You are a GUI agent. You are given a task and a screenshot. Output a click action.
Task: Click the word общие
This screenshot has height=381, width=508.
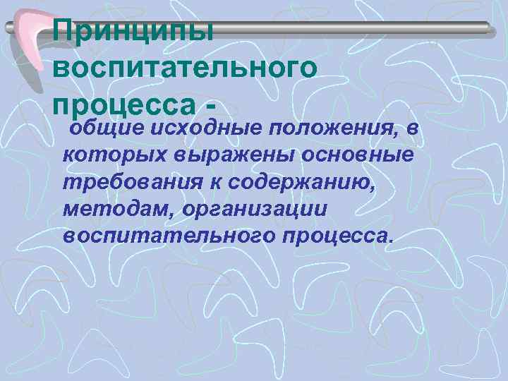tap(101, 129)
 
